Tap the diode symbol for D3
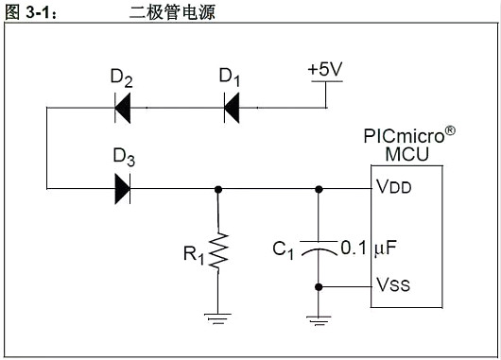pyautogui.click(x=123, y=188)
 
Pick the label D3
pyautogui.click(x=124, y=157)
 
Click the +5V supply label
pyautogui.click(x=325, y=70)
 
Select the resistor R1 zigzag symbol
pyautogui.click(x=219, y=252)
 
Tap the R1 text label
pyautogui.click(x=193, y=253)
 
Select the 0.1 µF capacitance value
pyautogui.click(x=368, y=249)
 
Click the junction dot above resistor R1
pyautogui.click(x=219, y=188)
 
